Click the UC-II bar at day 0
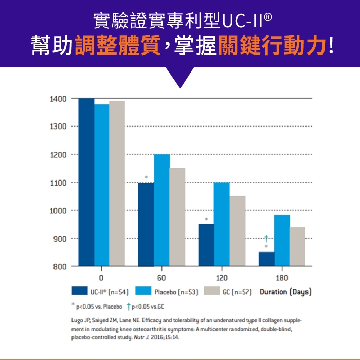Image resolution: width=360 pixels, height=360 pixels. point(86,182)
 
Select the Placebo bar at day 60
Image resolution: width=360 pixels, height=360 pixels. point(162,210)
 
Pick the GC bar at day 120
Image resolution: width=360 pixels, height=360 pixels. point(237,231)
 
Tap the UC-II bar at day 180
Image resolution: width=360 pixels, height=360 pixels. point(266,259)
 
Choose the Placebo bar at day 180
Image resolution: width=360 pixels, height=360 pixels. point(282,241)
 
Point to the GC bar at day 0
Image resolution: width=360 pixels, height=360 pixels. point(117,184)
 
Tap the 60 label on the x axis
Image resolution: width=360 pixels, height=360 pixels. point(161,278)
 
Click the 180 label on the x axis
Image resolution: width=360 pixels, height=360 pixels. point(282,278)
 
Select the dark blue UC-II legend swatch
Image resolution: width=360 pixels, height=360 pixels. point(80,292)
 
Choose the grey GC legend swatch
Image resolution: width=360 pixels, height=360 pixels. point(212,292)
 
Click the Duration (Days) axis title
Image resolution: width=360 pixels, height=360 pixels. point(286,292)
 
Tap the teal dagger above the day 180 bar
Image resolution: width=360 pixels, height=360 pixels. point(266,238)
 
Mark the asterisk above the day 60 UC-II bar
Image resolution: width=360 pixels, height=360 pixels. point(146,177)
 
